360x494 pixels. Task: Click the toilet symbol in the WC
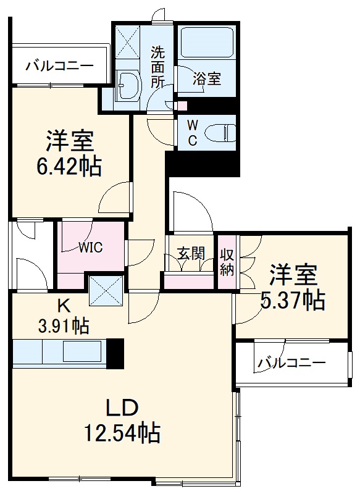coord(220,133)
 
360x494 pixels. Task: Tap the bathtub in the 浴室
coord(207,42)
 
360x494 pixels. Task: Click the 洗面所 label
coord(157,67)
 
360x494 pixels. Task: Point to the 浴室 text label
coord(207,78)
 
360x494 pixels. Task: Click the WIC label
coord(91,248)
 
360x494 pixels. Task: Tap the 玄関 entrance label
coord(191,253)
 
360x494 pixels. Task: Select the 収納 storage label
coord(227,263)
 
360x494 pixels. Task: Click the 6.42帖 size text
coord(69,166)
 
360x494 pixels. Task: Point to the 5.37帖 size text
coord(293,300)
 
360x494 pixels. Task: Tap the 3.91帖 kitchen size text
coord(63,326)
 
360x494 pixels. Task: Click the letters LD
coord(122,408)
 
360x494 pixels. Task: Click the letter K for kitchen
coord(63,305)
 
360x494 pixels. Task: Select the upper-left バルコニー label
coord(59,66)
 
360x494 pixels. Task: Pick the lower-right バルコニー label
coord(291,363)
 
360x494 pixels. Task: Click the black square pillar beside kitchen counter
coord(115,353)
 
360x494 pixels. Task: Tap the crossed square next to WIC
coord(106,291)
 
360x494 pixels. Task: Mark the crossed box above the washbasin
coord(127,43)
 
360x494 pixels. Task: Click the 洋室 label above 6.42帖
coord(70,141)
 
